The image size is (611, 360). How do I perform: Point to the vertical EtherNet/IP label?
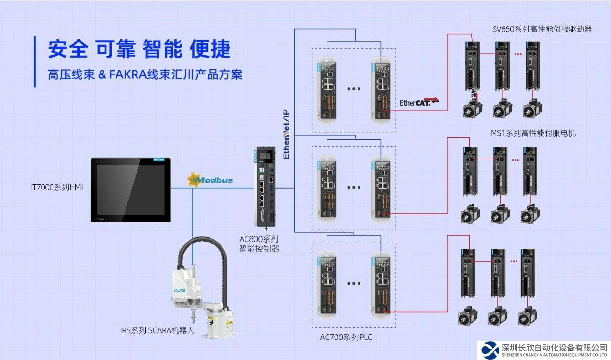click(x=286, y=134)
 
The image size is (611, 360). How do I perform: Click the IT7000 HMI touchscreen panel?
click(x=130, y=190)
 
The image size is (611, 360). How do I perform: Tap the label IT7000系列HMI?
click(x=57, y=187)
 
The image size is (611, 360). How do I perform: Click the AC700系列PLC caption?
click(x=346, y=338)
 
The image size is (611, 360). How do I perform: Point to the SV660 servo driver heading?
click(x=542, y=29)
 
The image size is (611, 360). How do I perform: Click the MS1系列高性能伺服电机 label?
click(x=533, y=133)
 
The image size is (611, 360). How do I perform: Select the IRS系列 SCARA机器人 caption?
click(x=157, y=330)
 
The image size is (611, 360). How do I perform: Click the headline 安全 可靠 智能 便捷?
click(x=139, y=49)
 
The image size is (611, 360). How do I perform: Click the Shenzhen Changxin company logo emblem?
click(x=489, y=350)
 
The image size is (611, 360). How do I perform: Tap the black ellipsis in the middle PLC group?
click(x=354, y=187)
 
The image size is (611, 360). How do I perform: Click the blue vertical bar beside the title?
click(x=35, y=62)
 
